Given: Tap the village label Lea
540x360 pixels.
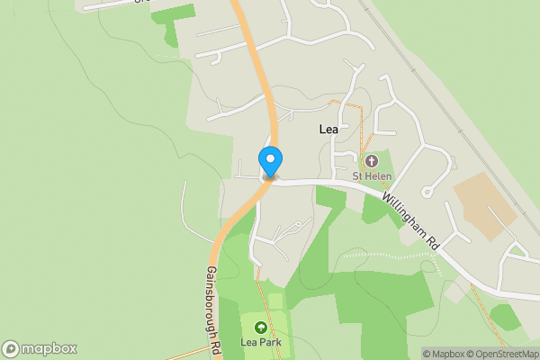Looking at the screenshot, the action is [328, 130].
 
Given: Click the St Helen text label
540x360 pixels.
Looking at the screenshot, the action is [370, 176].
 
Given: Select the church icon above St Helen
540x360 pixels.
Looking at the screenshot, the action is [370, 162].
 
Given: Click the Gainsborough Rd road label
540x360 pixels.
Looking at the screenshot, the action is [213, 306].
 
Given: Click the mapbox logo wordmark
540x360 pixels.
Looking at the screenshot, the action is [49, 349].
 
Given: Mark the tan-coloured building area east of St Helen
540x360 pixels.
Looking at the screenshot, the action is [485, 205].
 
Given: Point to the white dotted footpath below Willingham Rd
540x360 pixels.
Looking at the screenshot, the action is [387, 256].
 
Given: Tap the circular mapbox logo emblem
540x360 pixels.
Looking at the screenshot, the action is [11, 349].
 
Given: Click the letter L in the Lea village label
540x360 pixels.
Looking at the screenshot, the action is [322, 130].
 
